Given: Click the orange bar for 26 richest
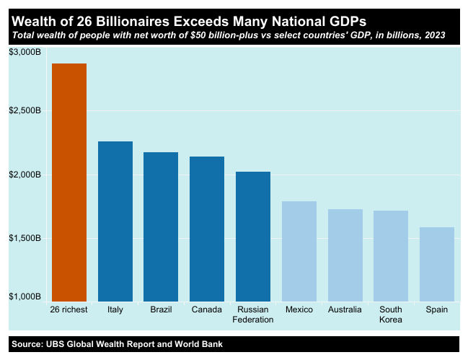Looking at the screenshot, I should pos(69,183).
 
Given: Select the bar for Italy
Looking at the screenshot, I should pos(115,221).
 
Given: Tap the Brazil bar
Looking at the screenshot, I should pos(161,227).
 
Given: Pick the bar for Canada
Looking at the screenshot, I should pos(207,229).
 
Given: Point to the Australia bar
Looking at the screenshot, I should pos(345,255).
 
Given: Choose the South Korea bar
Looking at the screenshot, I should pos(391,256).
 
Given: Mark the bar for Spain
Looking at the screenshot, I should pos(437,264).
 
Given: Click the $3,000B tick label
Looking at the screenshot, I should pos(25,53).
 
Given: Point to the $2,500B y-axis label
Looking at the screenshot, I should pos(25,111).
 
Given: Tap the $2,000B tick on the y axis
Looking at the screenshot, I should pos(25,175).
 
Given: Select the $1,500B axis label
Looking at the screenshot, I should pos(25,238).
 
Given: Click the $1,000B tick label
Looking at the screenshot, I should pos(25,297).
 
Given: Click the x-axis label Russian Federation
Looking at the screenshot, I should pos(253,315).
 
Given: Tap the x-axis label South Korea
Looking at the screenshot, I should pos(391,315).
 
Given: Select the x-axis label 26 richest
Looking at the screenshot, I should pos(69,309).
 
